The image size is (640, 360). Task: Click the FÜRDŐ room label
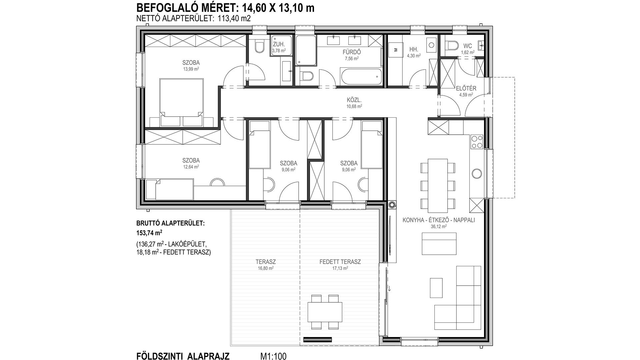(x=352, y=52)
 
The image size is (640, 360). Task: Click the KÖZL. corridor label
(x=354, y=100)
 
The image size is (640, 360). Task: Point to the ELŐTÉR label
(x=466, y=88)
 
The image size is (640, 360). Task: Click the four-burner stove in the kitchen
(x=476, y=141)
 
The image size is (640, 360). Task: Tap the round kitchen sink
(x=476, y=174)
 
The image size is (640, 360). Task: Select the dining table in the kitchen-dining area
(x=438, y=186)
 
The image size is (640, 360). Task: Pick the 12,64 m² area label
(x=191, y=167)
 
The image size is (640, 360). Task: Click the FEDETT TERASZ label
(x=340, y=262)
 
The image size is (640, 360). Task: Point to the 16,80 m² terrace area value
(x=266, y=268)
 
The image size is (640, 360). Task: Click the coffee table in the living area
(x=436, y=288)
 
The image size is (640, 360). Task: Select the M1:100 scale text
(x=273, y=356)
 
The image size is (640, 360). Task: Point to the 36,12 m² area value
(x=438, y=226)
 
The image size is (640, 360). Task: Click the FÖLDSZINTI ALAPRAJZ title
(x=183, y=356)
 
